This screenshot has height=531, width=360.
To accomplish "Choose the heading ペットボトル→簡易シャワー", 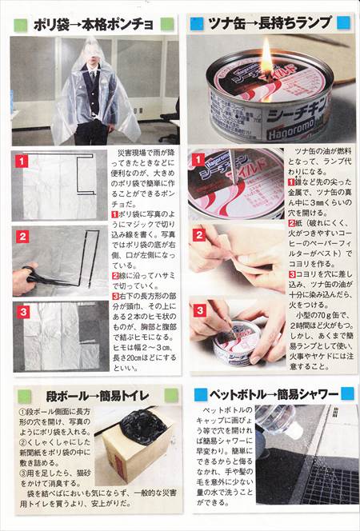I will [272, 394].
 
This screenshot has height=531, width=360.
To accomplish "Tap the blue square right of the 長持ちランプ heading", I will [343, 23].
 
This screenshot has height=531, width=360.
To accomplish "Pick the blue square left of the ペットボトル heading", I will [198, 394].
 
